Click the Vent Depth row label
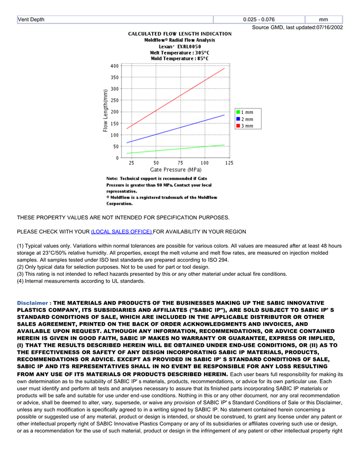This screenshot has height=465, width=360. coord(31,20)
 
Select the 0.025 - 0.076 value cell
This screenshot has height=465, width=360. coord(259,20)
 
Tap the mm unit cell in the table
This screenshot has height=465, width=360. coord(323,20)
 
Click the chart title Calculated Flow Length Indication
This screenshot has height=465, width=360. coord(179,33)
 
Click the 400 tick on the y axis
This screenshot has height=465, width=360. coord(114,66)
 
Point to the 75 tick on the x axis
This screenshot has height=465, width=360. coord(180,163)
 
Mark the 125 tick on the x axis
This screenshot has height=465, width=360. coord(229,163)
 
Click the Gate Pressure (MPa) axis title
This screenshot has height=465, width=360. coord(175,170)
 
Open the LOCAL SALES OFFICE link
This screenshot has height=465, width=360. coord(121,232)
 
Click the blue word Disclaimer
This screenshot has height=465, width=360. coord(33,303)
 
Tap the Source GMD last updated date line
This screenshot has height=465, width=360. coord(297,27)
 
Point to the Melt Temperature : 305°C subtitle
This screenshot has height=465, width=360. coord(179,52)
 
